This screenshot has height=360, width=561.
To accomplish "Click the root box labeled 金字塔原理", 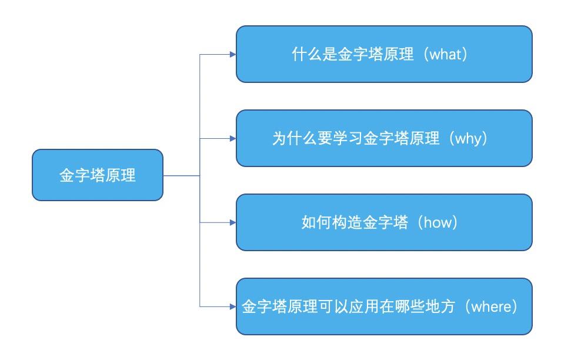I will point(97,175).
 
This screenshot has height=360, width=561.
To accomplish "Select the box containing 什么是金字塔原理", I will point(384,54).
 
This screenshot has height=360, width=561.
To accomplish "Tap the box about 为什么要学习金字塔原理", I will point(384,138).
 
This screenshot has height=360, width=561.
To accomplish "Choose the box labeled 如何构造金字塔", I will point(384,223).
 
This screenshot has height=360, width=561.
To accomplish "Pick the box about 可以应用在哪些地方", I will point(384,307).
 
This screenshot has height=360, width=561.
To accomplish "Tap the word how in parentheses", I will point(437,224).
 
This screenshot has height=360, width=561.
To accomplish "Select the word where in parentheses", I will point(492,308).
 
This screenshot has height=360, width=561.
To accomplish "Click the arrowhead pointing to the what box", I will point(233,54).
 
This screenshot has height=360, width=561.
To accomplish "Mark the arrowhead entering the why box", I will point(233,138).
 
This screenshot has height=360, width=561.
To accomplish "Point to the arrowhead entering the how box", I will point(233,223).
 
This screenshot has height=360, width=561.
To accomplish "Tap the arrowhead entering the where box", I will point(233,306).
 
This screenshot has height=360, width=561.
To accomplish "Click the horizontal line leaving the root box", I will point(181,175).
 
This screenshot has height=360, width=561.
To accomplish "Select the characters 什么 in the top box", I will point(306,55).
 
